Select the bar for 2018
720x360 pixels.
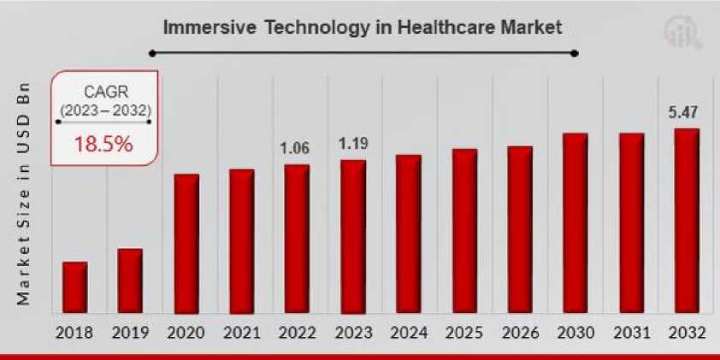point(75,287)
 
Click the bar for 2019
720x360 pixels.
point(130,280)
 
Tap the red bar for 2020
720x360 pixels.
point(186,244)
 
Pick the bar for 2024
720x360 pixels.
point(409,233)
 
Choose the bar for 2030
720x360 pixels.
point(575,223)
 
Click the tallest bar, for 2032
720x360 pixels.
point(687,221)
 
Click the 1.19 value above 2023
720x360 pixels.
point(352,144)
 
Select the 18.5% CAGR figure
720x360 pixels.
point(103,144)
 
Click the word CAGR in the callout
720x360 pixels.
point(103,91)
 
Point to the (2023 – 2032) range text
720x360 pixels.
point(103,109)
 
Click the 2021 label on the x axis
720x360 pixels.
point(241,333)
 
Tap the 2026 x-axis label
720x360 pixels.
point(520,333)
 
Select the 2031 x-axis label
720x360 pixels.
point(631,333)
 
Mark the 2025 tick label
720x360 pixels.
point(464,333)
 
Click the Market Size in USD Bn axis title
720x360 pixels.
point(24,194)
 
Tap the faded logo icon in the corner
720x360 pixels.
point(682,32)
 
